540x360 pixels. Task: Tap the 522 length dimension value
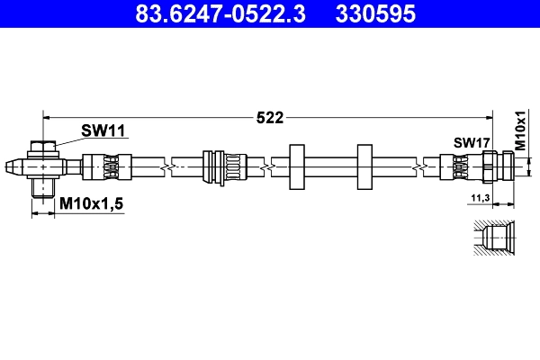(x=270, y=117)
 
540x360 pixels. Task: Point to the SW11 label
(x=103, y=131)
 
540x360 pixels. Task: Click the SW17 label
(x=470, y=142)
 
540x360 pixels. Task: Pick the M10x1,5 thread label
(x=91, y=206)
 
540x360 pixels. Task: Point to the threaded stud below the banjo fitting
(x=41, y=187)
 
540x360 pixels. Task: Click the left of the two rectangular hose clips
(x=298, y=166)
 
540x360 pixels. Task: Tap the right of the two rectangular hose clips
(x=364, y=166)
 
